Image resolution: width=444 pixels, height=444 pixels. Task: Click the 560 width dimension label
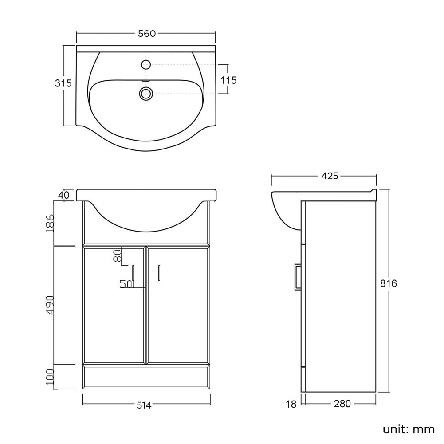point(147,34)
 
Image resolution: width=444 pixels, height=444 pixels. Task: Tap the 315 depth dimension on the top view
point(63,83)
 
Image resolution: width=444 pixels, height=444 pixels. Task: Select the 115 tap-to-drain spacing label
point(228,80)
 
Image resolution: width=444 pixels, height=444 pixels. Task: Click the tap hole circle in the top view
point(146,65)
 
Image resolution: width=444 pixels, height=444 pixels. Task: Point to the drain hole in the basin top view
point(146,93)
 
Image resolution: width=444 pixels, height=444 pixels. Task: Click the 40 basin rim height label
point(63,195)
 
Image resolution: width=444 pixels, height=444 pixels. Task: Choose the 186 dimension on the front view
point(50,223)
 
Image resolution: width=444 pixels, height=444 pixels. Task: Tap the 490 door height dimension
point(50,305)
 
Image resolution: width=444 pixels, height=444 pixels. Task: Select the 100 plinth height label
point(50,377)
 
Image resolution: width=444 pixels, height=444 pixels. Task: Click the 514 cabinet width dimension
point(144,405)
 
